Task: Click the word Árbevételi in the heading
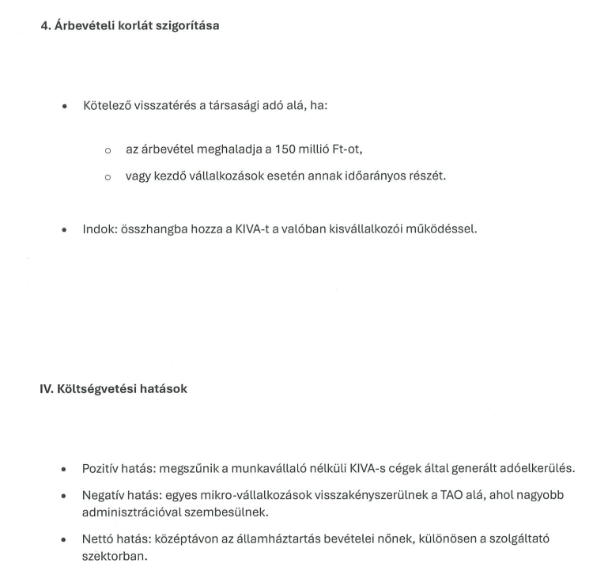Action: point(85,25)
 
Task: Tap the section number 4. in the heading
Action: point(46,25)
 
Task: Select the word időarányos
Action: point(368,176)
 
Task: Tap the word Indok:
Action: point(100,230)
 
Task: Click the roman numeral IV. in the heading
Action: point(47,388)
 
